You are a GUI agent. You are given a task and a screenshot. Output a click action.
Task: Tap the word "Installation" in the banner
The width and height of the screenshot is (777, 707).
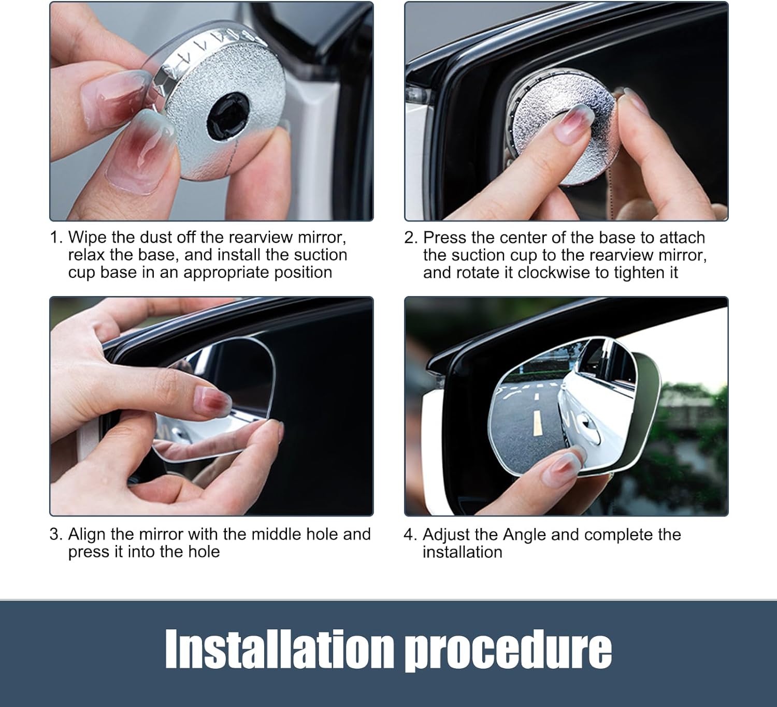pos(279,649)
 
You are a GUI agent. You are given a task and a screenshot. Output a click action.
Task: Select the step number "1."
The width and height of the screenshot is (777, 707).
pos(56,238)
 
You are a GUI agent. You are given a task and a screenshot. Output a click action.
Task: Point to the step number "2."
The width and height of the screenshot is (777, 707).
pos(411,238)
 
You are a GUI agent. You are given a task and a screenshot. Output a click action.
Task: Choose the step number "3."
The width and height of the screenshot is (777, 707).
pos(56,534)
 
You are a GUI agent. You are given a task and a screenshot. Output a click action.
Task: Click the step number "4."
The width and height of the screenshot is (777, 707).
pos(410,535)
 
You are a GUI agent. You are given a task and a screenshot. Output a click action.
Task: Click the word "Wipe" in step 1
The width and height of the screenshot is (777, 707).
pos(87,238)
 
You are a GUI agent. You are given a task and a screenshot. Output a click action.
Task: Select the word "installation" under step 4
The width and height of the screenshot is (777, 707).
pos(463,553)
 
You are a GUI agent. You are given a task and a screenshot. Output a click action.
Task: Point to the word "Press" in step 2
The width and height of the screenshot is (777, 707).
pos(443,238)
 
